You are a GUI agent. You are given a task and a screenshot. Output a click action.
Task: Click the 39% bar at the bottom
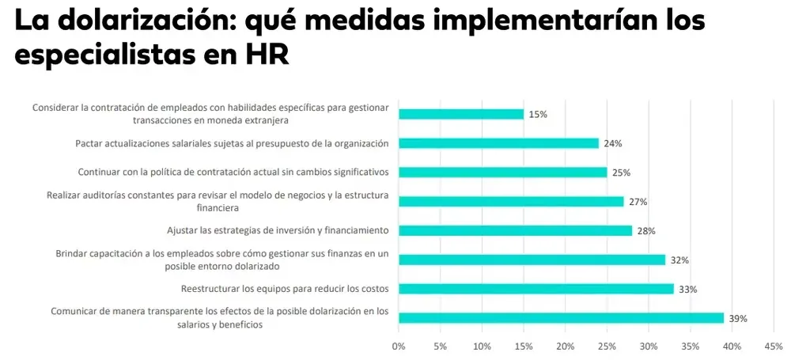tap(561, 318)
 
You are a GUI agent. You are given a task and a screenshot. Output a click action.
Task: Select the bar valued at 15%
tap(461, 114)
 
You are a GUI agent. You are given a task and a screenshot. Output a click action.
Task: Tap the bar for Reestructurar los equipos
tap(536, 289)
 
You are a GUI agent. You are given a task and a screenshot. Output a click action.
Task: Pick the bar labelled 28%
tap(515, 230)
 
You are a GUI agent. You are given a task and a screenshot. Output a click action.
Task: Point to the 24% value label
tap(613, 144)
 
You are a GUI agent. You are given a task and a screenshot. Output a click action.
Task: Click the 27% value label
tap(638, 202)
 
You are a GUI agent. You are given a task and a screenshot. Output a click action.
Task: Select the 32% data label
tap(679, 260)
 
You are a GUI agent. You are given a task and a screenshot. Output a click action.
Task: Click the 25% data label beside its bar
tap(621, 172)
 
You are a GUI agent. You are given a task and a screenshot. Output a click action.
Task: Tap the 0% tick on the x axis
tap(399, 346)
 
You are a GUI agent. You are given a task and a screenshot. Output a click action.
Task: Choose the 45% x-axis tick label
tap(774, 346)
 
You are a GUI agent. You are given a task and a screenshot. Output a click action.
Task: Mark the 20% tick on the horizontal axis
tap(565, 346)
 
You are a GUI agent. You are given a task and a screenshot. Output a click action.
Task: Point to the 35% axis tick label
tap(690, 346)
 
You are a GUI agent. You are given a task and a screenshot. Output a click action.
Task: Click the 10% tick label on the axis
tap(482, 346)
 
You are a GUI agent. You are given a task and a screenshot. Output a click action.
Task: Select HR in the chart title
tap(266, 55)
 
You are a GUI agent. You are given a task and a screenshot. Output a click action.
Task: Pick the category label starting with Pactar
tap(232, 143)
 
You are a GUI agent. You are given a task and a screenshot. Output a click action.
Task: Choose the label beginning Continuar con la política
tap(233, 172)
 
